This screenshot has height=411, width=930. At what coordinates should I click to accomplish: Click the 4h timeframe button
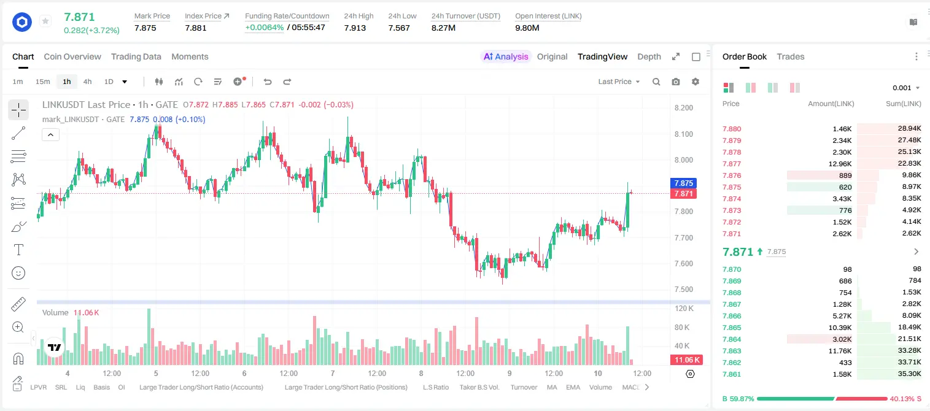(x=87, y=82)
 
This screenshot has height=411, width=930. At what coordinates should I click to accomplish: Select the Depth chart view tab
(x=649, y=57)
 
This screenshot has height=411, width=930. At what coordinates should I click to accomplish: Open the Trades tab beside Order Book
(x=791, y=57)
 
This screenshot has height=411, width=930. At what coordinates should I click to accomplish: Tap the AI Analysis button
(x=506, y=57)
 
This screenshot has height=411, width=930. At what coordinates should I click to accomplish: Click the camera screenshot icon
(x=676, y=82)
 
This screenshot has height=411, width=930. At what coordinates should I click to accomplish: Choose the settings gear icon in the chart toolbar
(x=696, y=82)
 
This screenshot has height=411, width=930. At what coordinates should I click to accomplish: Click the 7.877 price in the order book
(x=732, y=164)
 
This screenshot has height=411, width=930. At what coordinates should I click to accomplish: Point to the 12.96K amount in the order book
(x=840, y=164)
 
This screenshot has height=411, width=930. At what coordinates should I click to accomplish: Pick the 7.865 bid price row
(x=732, y=328)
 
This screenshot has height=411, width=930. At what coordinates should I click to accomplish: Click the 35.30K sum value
(x=909, y=374)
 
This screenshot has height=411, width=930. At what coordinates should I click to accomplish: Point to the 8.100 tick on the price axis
(x=684, y=134)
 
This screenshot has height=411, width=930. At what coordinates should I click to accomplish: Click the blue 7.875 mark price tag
(x=683, y=183)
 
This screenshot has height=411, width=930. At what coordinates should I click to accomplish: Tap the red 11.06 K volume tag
(x=687, y=360)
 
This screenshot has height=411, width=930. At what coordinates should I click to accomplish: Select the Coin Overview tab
(x=72, y=57)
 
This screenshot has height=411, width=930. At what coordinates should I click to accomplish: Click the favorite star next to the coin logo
(x=45, y=21)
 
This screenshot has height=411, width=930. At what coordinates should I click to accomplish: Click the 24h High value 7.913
(x=355, y=28)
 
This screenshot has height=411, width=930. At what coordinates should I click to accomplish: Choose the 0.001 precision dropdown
(x=906, y=88)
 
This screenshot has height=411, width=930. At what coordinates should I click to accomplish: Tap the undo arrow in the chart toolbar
(x=268, y=82)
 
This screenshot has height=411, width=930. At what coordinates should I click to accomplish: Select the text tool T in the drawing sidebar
(x=18, y=250)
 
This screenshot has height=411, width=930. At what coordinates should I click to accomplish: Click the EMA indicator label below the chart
(x=573, y=387)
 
